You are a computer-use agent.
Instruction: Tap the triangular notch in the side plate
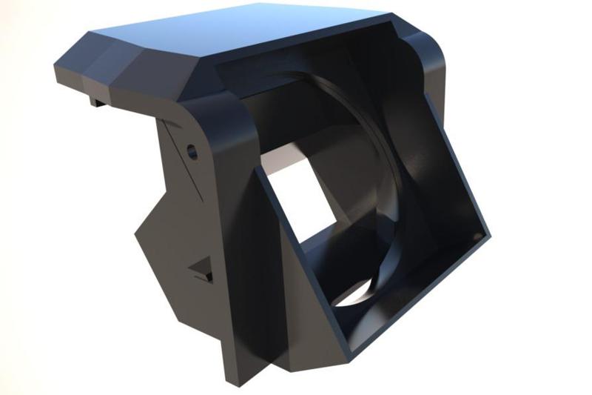201,270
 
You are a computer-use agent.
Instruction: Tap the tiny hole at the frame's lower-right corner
476,236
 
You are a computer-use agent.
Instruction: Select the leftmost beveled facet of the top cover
70,63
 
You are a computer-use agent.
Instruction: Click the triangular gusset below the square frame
296,348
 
